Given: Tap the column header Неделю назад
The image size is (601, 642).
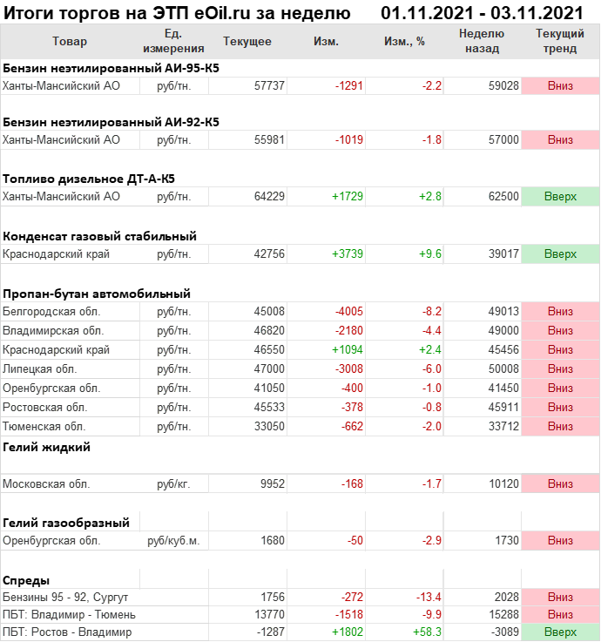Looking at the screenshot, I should (482, 42).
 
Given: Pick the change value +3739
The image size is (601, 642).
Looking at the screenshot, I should (347, 253).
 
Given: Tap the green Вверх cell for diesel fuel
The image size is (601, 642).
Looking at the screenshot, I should (560, 197).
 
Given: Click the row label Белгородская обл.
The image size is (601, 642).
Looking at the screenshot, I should (51, 311).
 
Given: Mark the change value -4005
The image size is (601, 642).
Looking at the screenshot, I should (347, 311).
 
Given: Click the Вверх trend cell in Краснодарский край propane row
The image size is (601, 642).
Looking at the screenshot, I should (560, 349).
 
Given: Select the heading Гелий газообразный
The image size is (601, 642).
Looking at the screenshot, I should (66, 523).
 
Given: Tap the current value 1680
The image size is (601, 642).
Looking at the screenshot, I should (273, 540).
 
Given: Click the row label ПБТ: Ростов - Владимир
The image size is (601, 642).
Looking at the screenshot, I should (67, 632).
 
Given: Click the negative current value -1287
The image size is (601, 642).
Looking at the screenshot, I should (269, 632).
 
